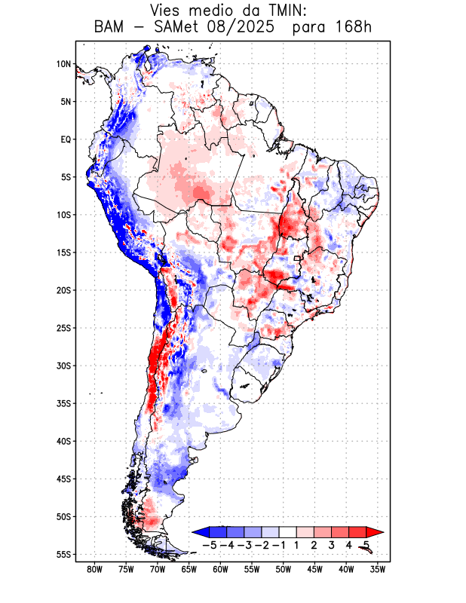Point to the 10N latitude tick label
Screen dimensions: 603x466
63,64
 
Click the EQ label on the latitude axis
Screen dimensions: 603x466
66,139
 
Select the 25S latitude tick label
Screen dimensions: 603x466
63,328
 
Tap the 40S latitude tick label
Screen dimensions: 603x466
63,441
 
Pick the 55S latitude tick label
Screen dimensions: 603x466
63,555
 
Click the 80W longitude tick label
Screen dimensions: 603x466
95,570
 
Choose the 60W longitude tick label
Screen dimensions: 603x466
220,570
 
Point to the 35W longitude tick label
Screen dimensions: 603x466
378,570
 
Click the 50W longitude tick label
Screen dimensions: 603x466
284,570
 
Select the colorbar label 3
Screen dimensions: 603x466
331,544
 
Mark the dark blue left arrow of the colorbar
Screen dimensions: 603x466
201,531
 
